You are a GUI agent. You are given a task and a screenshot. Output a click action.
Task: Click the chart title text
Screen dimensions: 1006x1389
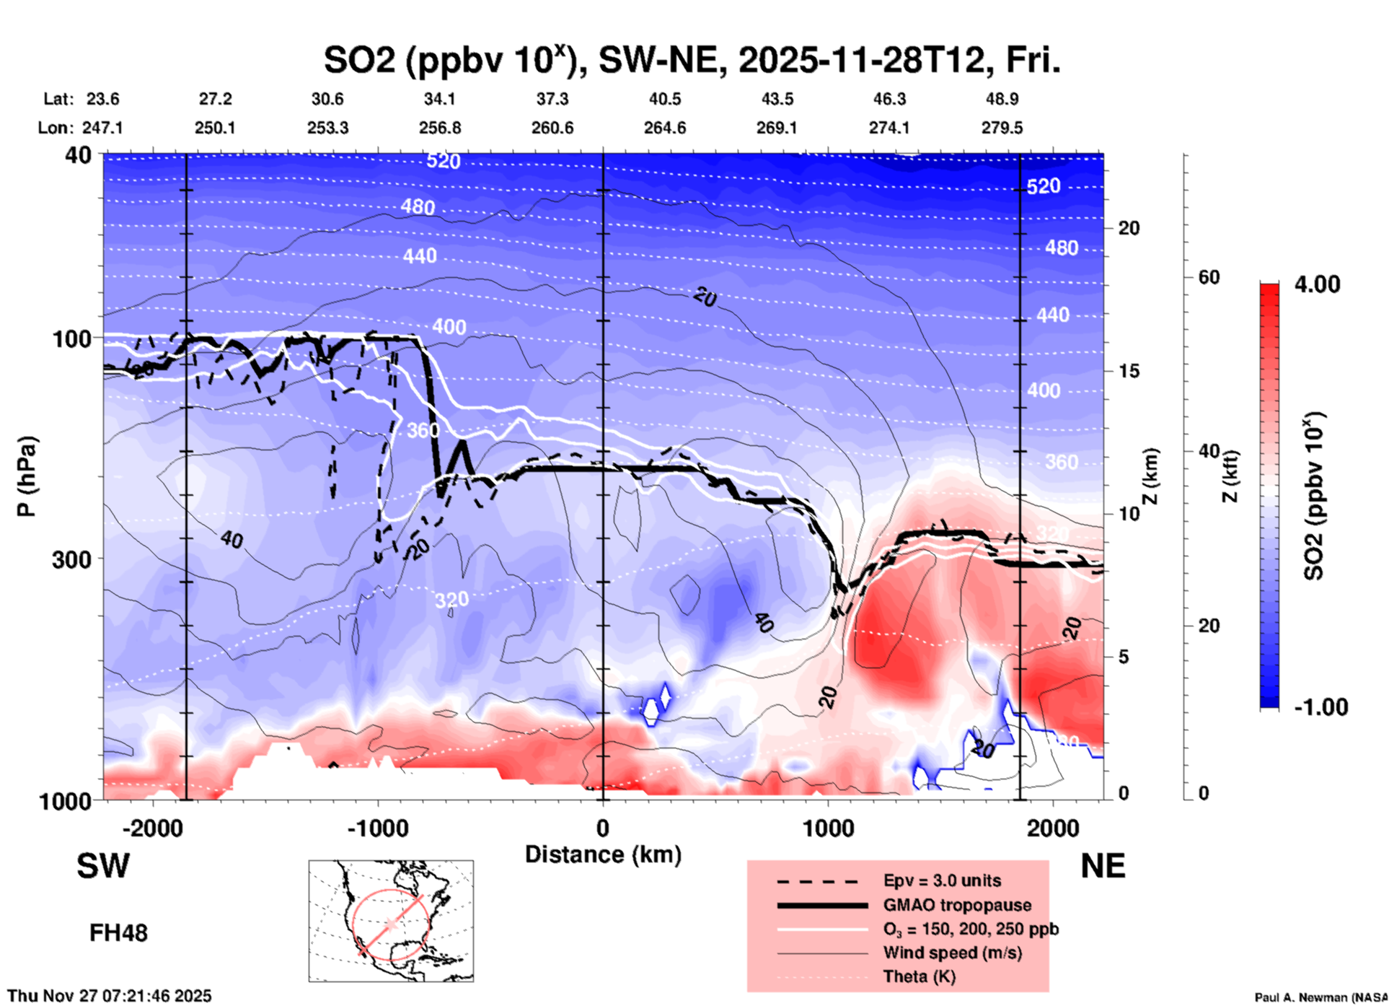tap(692, 60)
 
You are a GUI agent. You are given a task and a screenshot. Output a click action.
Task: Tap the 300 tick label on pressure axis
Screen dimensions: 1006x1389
tap(71, 559)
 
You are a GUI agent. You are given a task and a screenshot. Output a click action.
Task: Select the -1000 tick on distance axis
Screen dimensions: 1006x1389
tap(378, 828)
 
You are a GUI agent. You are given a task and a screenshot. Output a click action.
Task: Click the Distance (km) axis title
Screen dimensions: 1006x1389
tap(603, 854)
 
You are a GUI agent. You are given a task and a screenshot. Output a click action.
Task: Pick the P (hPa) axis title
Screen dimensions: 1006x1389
tap(27, 476)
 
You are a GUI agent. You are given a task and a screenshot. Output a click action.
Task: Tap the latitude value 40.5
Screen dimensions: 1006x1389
tap(664, 99)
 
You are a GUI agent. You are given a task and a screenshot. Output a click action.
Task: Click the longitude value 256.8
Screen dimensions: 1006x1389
tap(440, 128)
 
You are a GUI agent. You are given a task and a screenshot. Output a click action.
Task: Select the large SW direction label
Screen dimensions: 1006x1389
tap(103, 866)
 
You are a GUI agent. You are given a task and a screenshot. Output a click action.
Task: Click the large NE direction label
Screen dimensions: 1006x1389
tap(1103, 866)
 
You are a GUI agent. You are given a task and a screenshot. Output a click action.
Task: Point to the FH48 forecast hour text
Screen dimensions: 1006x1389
tap(118, 933)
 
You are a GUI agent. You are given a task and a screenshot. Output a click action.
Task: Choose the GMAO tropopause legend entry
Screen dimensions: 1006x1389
tap(957, 905)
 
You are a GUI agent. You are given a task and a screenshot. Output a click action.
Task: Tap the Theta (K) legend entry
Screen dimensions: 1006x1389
tap(919, 976)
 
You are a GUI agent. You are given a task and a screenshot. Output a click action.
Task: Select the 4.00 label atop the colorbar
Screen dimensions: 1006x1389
tap(1317, 284)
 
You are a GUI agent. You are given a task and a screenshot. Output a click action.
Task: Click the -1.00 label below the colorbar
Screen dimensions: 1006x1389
tap(1320, 707)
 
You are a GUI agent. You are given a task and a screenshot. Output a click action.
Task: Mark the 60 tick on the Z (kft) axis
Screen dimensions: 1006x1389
tap(1208, 277)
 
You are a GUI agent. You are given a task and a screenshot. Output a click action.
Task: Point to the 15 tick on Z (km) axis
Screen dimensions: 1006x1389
tap(1129, 371)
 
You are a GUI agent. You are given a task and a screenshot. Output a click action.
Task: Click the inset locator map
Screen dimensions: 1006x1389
tap(391, 920)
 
